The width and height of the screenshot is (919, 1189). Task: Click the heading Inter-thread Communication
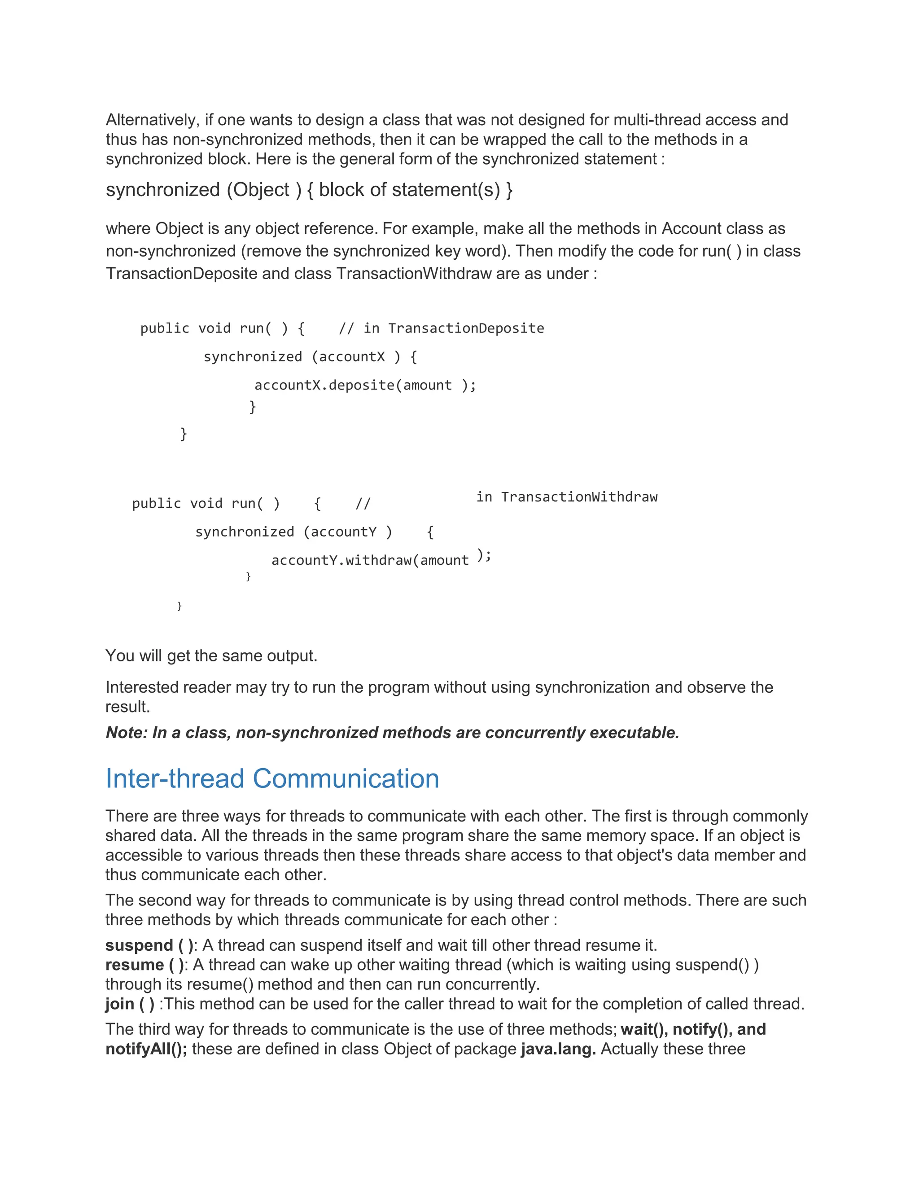click(272, 778)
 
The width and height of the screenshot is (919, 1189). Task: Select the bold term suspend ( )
click(149, 945)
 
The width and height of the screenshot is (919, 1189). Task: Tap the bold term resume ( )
click(145, 965)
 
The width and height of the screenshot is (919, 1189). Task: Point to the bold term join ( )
click(130, 1003)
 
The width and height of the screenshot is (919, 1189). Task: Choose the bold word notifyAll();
click(146, 1049)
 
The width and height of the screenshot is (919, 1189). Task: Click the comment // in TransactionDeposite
click(441, 328)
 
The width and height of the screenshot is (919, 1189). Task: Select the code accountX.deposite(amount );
click(365, 385)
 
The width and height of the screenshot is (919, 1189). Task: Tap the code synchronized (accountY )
click(294, 532)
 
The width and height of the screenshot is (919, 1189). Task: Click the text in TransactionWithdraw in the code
click(567, 497)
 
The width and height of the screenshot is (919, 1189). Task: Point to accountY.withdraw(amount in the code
click(370, 560)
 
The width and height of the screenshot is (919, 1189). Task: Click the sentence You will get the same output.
click(211, 656)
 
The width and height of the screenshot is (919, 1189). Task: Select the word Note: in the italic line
click(127, 733)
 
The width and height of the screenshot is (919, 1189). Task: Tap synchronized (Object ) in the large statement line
click(204, 189)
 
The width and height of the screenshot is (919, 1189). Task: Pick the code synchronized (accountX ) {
click(311, 357)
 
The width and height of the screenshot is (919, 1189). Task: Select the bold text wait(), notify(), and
click(693, 1029)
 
